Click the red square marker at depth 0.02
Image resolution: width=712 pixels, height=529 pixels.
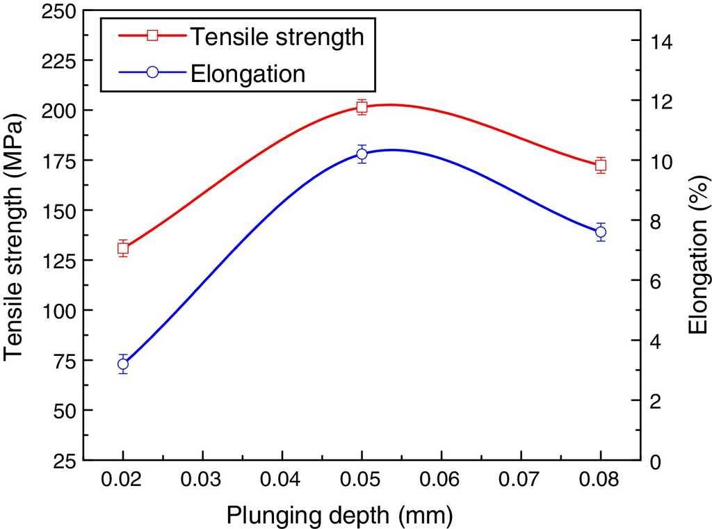point(123,248)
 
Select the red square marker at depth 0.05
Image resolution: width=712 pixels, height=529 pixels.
point(362,106)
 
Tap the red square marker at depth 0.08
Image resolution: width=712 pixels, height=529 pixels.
point(601,165)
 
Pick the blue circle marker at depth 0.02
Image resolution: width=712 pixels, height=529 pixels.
point(123,364)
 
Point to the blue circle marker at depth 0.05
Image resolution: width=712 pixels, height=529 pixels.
point(362,154)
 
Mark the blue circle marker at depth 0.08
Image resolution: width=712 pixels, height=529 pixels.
point(601,232)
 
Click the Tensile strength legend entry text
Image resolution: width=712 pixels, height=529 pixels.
point(277,37)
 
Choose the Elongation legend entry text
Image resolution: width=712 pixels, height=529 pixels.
point(248,74)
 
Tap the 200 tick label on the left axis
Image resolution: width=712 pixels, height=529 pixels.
point(55,111)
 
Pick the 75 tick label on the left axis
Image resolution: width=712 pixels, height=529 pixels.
point(60,360)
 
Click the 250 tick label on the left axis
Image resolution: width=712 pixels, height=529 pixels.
point(55,11)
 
